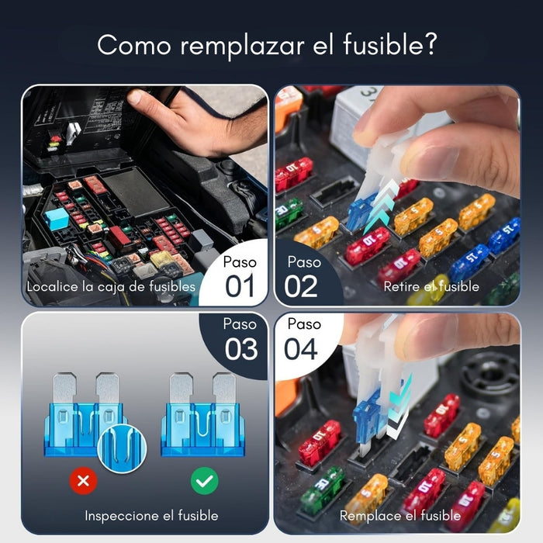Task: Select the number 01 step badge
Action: point(240,285)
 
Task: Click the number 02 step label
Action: point(301,285)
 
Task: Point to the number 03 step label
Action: point(241,348)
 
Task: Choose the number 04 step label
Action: point(300,348)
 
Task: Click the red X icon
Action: point(84,481)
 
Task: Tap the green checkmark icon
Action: point(205,481)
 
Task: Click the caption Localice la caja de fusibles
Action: point(111,286)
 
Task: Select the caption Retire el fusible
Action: point(431,286)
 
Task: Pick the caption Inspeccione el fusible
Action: point(151,515)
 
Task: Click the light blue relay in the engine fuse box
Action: point(57,220)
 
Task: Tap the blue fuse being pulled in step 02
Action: point(361,211)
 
